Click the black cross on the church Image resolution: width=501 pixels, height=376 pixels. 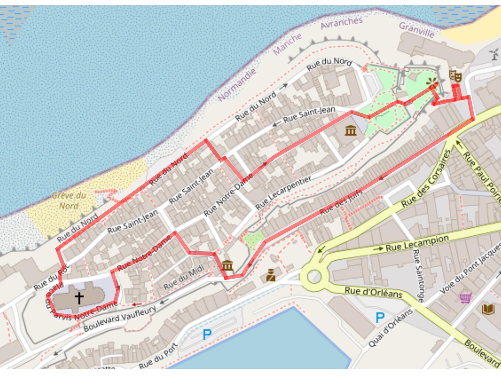tap(79, 298)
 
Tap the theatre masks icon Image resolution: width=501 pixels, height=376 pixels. tap(455, 76)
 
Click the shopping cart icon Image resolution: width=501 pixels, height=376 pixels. tap(466, 298)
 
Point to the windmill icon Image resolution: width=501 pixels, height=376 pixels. tap(494, 54)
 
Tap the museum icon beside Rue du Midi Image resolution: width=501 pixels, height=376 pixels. tap(227, 266)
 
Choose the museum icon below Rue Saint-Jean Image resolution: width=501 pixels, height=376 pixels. tap(350, 130)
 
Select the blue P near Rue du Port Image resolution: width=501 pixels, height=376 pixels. tap(207, 334)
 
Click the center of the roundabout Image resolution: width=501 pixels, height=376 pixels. tap(314, 277)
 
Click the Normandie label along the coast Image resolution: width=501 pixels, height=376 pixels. tap(237, 85)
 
